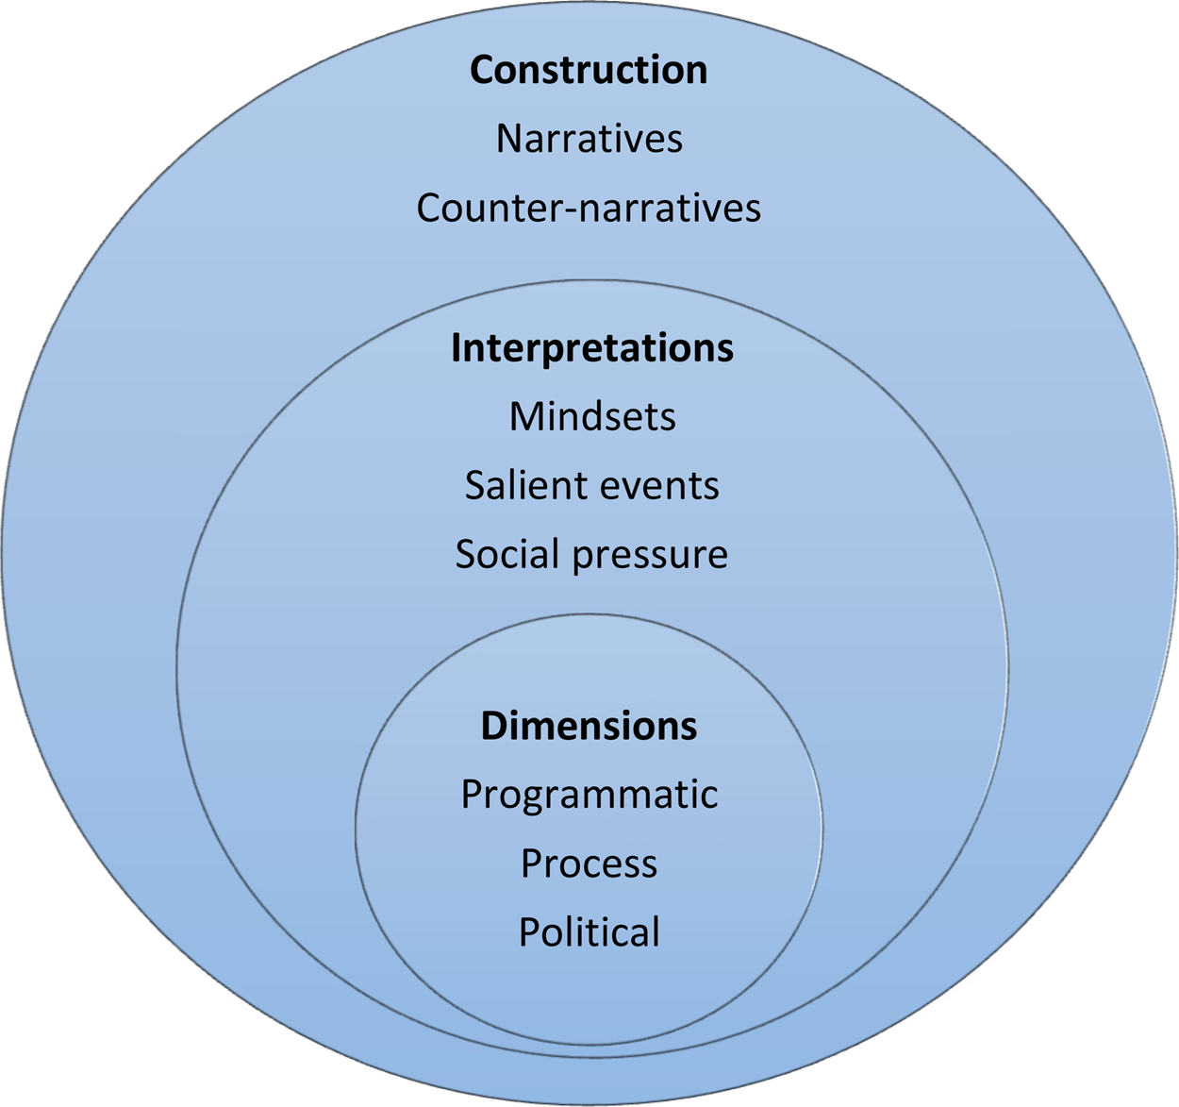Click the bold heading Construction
[x=589, y=71]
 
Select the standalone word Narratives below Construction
[x=589, y=139]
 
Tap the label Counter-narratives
[x=589, y=208]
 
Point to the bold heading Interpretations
[x=591, y=348]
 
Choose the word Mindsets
[x=592, y=416]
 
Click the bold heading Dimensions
[x=589, y=726]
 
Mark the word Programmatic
[x=589, y=796]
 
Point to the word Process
[x=589, y=864]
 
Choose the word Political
[x=589, y=932]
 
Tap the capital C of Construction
[x=482, y=71]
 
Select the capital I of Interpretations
[x=456, y=348]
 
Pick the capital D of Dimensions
[x=493, y=726]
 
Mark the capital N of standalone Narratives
[x=508, y=139]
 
